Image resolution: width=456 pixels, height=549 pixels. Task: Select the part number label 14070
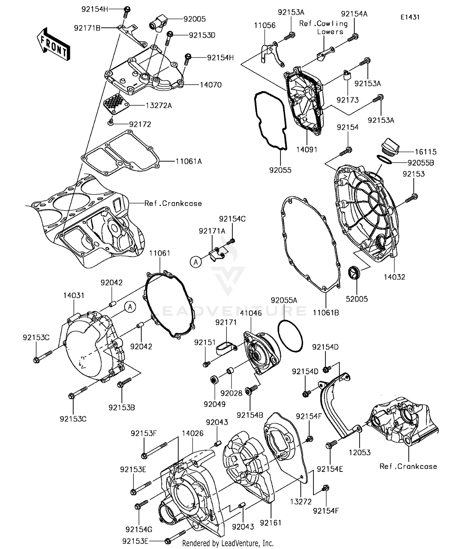pyautogui.click(x=211, y=85)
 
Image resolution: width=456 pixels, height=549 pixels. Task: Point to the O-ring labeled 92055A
pyautogui.click(x=290, y=337)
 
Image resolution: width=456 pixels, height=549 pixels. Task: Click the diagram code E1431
pyautogui.click(x=410, y=17)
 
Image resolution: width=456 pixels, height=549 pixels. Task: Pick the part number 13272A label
pyautogui.click(x=159, y=105)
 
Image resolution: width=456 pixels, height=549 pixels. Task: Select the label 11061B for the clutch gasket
pyautogui.click(x=326, y=313)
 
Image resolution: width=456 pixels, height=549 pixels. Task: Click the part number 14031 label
pyautogui.click(x=74, y=295)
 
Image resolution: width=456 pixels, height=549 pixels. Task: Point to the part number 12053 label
pyautogui.click(x=360, y=452)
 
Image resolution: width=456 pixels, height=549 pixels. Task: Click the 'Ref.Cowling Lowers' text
pyautogui.click(x=323, y=27)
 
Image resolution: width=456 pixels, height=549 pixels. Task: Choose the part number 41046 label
pyautogui.click(x=251, y=313)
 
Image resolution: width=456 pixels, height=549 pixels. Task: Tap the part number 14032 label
pyautogui.click(x=394, y=277)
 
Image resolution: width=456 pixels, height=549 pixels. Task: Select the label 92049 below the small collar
pyautogui.click(x=215, y=404)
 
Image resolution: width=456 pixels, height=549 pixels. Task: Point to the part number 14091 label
pyautogui.click(x=307, y=149)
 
